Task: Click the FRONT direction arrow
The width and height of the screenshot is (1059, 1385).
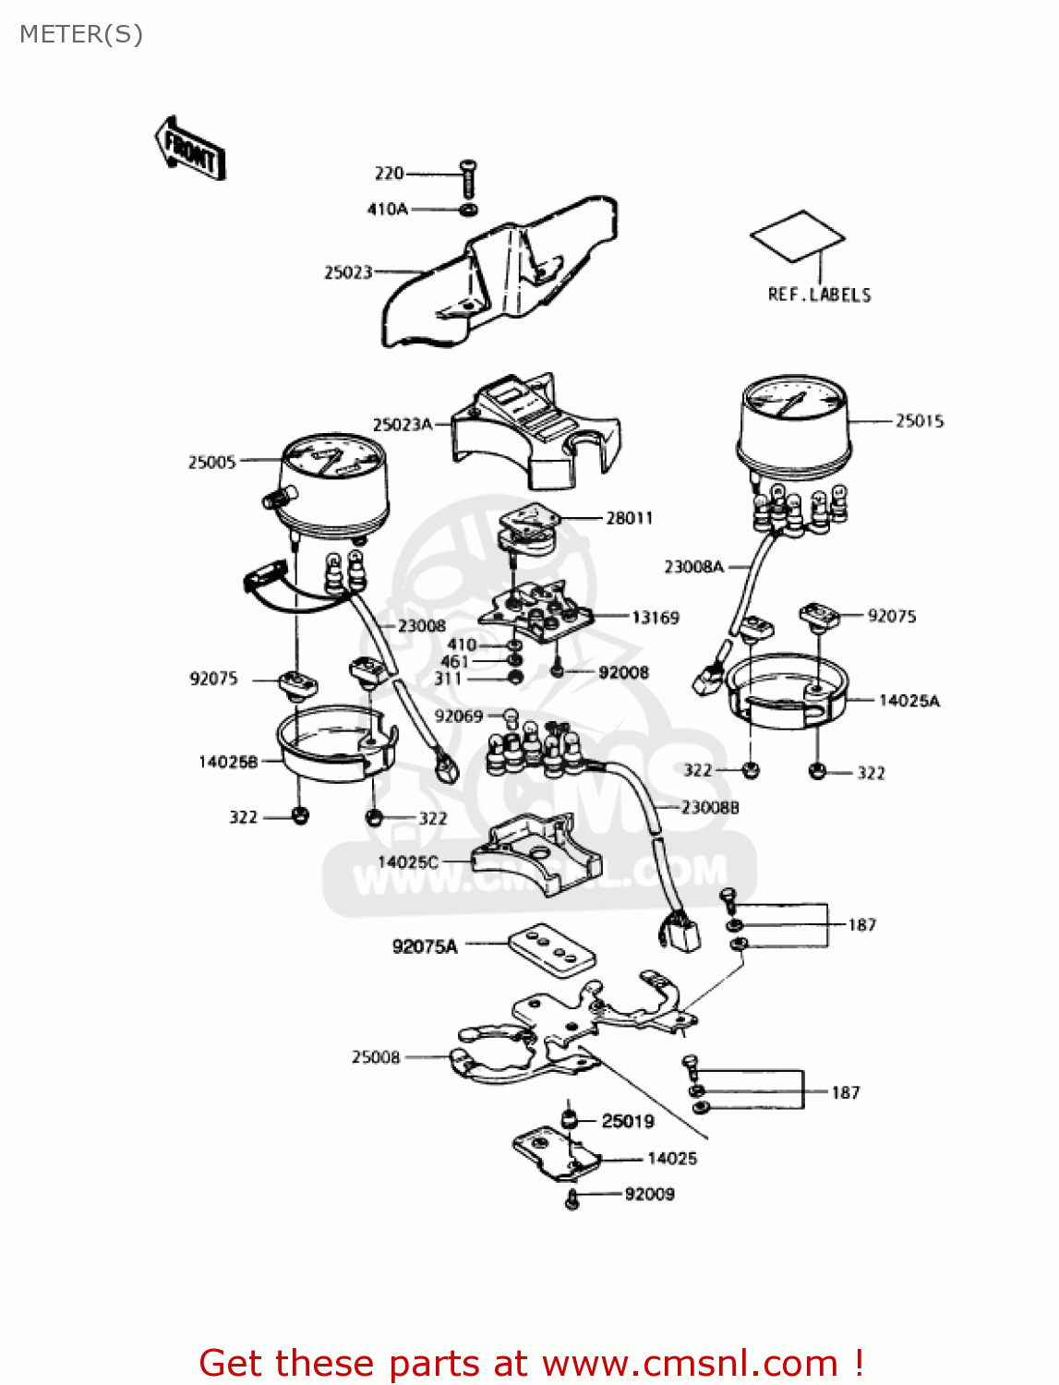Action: point(190,148)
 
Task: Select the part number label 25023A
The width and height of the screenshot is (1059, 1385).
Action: point(402,425)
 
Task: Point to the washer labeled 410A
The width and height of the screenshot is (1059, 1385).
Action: point(468,211)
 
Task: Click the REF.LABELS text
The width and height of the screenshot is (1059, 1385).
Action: point(819,295)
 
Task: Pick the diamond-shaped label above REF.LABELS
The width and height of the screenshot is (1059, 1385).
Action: point(797,236)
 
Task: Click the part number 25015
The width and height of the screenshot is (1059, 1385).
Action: point(919,421)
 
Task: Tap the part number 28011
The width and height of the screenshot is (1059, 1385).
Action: point(629,518)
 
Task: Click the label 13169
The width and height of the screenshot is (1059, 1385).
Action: point(655,617)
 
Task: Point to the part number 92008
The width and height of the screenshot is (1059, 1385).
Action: point(623,672)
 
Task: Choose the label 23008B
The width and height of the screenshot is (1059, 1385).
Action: point(710,808)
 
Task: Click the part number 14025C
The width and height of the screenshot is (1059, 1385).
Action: point(407,862)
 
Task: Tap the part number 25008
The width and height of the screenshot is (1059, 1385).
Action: point(376,1057)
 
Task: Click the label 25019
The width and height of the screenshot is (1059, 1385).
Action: point(627,1121)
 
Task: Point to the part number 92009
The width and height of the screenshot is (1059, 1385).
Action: point(649,1194)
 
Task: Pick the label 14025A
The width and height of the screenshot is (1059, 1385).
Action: point(909,701)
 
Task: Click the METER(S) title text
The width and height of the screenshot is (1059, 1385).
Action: point(81,34)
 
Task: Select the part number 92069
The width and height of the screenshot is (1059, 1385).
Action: point(459,716)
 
